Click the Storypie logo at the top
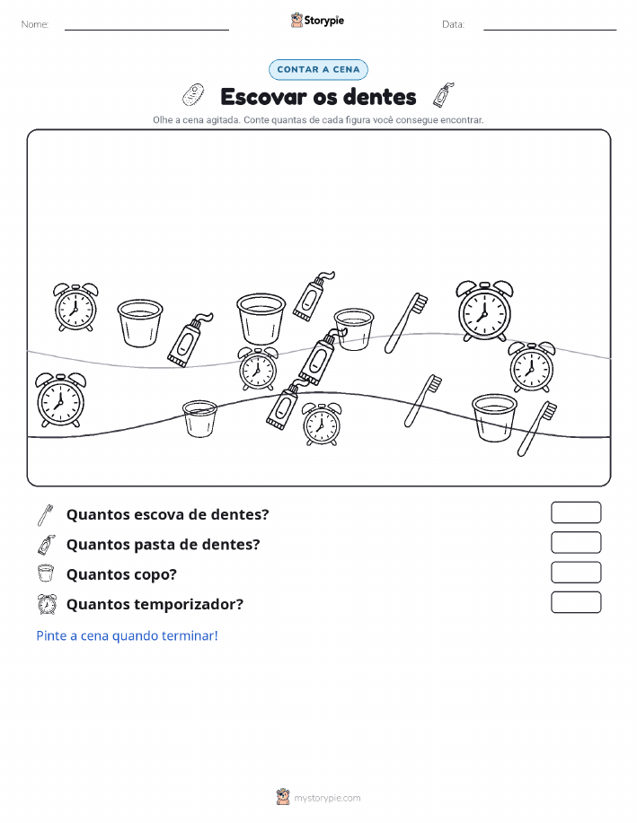click(x=317, y=21)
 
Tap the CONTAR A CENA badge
click(x=318, y=69)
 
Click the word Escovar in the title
click(x=263, y=97)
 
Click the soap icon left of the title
click(x=193, y=94)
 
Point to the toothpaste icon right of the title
click(x=444, y=94)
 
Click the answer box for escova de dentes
click(x=576, y=512)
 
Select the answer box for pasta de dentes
click(x=576, y=543)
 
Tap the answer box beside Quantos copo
click(x=576, y=573)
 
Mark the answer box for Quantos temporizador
click(x=576, y=602)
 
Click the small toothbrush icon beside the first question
click(x=45, y=515)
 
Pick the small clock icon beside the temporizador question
click(x=47, y=604)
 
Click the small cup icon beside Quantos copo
click(x=46, y=573)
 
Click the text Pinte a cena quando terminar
click(x=127, y=635)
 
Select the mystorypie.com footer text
click(x=327, y=798)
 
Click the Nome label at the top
click(x=35, y=24)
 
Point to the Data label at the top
click(x=453, y=24)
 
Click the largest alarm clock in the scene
click(x=484, y=311)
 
